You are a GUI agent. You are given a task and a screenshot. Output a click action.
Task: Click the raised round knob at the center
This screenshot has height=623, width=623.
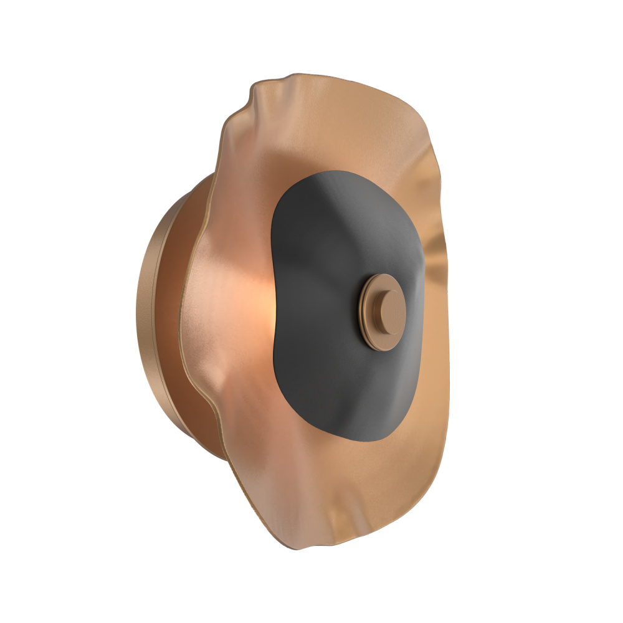(388, 308)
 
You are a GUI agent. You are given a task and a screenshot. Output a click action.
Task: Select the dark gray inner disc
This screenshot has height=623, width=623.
(324, 262)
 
